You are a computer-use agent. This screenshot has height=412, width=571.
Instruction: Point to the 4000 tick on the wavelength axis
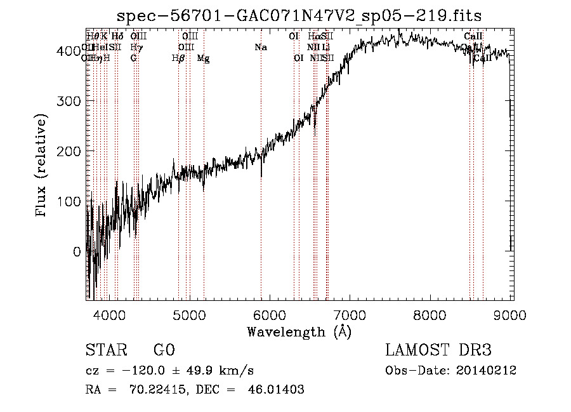[x=108, y=315]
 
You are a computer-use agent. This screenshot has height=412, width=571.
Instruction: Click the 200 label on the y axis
[x=69, y=151]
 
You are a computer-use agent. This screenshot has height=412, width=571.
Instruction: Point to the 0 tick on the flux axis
[x=77, y=251]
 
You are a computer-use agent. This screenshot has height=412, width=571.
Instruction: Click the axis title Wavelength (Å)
[x=299, y=331]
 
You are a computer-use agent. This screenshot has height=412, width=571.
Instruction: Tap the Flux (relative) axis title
[x=43, y=166]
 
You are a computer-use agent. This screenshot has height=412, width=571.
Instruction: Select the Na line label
[x=260, y=47]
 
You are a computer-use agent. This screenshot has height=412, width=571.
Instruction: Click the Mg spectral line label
[x=203, y=58]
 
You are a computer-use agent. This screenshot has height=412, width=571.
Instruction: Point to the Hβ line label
[x=178, y=58]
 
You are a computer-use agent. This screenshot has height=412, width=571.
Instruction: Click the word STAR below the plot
[x=105, y=350]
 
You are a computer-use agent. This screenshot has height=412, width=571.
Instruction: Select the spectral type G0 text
[x=164, y=350]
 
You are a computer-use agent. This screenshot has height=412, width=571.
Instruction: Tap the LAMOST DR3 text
[x=438, y=350]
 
